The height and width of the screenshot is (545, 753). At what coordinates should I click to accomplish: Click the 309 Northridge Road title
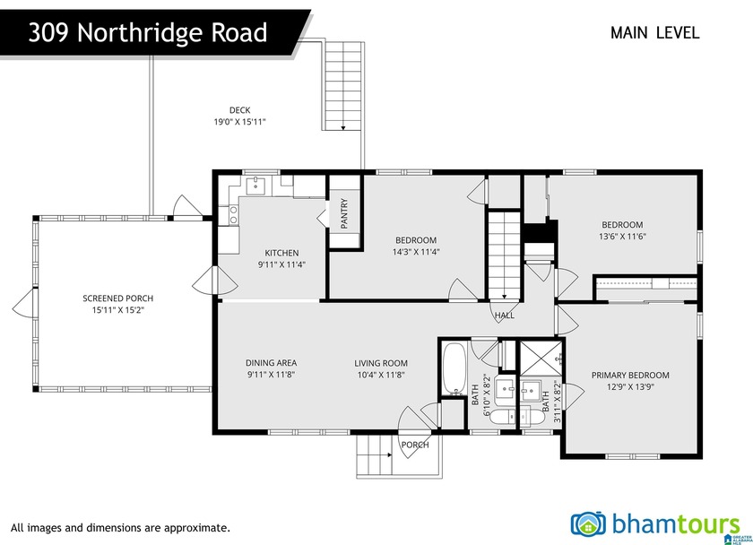point(148,33)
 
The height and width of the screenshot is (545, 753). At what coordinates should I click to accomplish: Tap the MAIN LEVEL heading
point(654,33)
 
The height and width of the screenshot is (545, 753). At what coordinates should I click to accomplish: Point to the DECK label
point(239,110)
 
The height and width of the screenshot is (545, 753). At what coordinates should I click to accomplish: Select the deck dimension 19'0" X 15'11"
point(239,122)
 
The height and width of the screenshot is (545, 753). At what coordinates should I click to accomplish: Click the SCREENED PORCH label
point(117,298)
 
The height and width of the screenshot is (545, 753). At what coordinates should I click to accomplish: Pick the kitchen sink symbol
point(255,186)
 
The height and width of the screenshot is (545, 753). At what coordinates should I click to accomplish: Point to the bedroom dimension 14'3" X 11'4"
point(416,252)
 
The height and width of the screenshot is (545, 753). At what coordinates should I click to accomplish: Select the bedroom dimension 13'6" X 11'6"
point(623,237)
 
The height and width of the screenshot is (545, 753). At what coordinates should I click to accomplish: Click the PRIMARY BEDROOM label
point(630,376)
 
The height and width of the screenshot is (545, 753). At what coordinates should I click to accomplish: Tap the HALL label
point(505,316)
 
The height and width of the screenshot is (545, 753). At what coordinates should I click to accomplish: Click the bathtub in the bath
point(453,367)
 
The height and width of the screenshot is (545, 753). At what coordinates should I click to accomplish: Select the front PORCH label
point(414,445)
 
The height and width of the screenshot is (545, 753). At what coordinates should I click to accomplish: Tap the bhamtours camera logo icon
point(589,524)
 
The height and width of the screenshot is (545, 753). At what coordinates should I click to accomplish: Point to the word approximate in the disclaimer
point(200,528)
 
